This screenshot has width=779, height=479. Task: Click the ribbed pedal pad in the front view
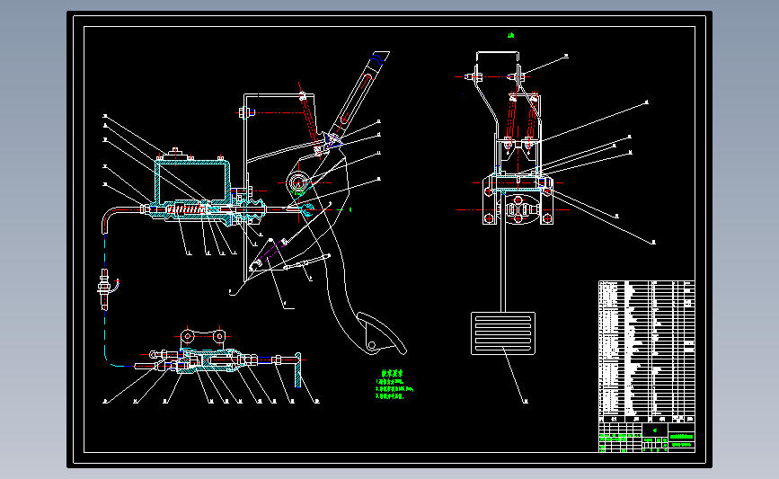502,333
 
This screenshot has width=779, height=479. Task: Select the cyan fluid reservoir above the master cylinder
191,179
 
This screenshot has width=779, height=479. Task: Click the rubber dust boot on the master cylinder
254,213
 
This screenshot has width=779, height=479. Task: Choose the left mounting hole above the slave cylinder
186,336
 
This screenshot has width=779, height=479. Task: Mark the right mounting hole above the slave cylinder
218,336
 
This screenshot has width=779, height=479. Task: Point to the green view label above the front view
510,36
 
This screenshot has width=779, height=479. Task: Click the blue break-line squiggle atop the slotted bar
379,58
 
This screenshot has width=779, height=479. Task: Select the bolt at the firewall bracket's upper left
243,112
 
